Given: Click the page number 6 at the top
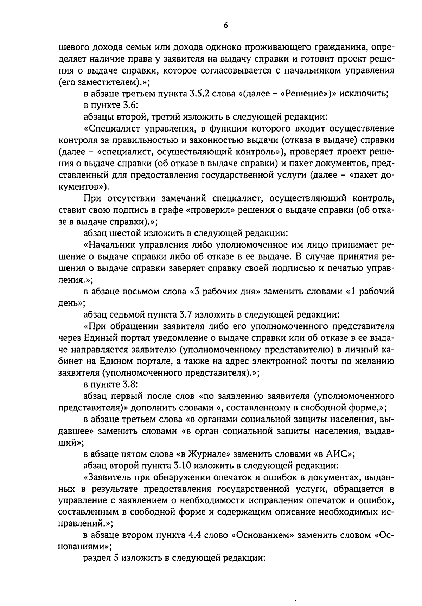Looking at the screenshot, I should coord(225,25).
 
